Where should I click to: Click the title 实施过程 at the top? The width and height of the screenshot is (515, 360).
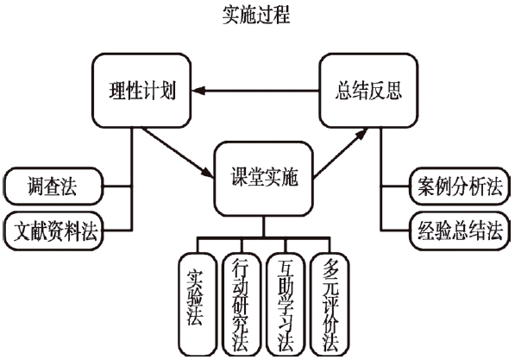pos(256,15)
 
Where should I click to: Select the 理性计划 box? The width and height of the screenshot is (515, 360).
pos(141,91)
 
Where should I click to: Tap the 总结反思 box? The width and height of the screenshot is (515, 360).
pos(369,91)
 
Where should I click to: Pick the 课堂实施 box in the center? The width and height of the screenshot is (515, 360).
pos(263,179)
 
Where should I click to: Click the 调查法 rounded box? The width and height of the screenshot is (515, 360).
pos(53,186)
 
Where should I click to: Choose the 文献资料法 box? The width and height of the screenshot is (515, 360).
pos(53,231)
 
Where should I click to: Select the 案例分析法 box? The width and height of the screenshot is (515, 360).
pos(460,186)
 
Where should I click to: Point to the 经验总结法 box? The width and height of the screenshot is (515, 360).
pos(460,231)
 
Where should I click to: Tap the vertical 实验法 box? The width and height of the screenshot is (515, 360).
pos(198,304)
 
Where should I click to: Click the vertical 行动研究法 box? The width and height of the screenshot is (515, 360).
pos(242,304)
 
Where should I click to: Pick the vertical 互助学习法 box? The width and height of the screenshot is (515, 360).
pos(286,304)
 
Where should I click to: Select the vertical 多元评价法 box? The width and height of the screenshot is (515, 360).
pos(330,304)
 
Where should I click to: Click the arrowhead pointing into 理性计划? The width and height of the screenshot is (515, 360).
pos(198,91)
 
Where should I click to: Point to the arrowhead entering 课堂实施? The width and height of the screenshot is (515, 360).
pos(207,173)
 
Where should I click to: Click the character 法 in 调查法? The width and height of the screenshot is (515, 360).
pos(69,186)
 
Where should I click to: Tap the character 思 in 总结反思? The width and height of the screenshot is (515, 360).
pos(394,91)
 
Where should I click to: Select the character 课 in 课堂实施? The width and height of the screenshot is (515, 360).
pos(238,178)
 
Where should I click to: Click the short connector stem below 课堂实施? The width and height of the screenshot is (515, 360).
pos(263,226)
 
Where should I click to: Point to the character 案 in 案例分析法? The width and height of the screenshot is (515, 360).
pos(427,186)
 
